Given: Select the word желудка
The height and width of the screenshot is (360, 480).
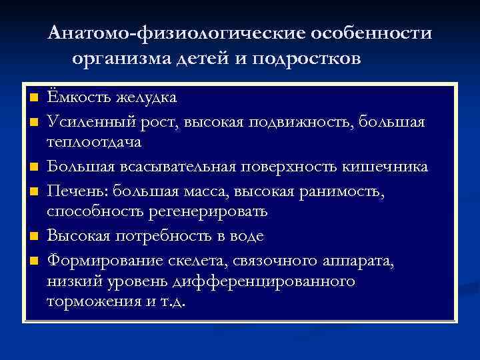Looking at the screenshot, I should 146,97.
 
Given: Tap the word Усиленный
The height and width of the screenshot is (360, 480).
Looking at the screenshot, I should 86,121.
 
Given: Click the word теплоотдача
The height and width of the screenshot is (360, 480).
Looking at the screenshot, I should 94,143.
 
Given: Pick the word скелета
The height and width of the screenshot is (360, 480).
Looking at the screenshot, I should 198,259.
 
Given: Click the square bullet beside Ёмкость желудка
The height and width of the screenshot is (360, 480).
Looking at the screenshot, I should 31,98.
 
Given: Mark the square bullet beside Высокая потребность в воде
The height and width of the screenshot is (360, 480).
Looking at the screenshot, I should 31,237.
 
